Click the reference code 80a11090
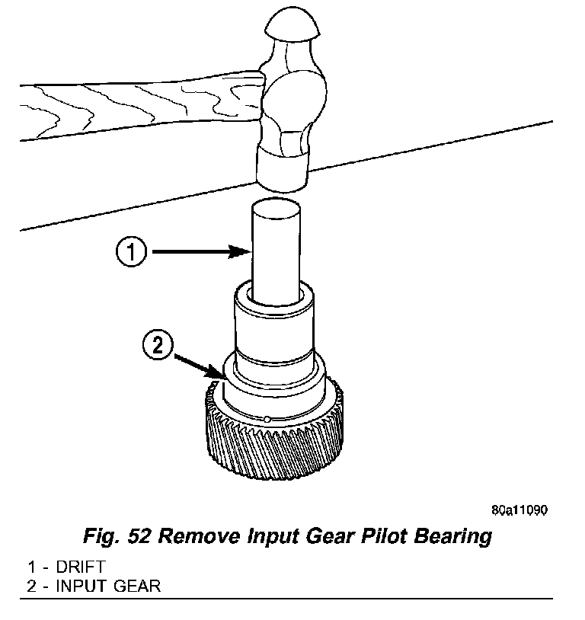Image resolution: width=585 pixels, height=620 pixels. pos(519,510)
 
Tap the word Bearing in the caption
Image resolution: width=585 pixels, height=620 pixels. pos(451,536)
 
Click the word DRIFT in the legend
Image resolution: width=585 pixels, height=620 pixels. pos(79,567)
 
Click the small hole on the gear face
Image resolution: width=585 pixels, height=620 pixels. pos(269,417)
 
